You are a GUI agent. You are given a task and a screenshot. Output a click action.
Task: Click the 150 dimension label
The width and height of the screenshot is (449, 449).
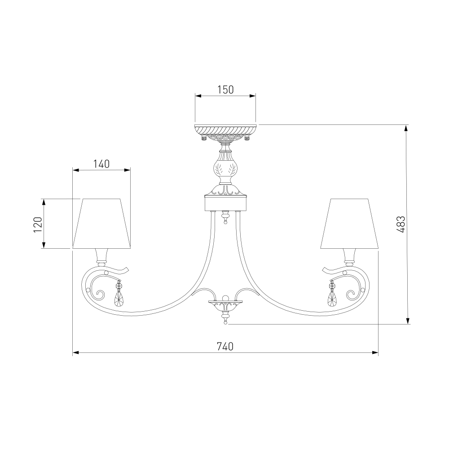[225, 90]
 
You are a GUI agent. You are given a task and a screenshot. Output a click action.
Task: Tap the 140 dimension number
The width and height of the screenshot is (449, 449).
[101, 164]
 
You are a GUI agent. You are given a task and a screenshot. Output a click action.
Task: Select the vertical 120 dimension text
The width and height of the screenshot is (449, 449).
[38, 224]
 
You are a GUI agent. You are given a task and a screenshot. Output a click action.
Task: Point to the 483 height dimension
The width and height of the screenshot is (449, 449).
[401, 224]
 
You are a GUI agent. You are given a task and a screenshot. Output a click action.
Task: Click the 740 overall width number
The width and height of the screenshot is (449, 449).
[225, 347]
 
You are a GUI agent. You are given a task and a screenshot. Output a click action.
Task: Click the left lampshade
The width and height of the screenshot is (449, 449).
[101, 223]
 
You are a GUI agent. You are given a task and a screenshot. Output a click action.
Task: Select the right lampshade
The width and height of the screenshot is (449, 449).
[349, 223]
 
